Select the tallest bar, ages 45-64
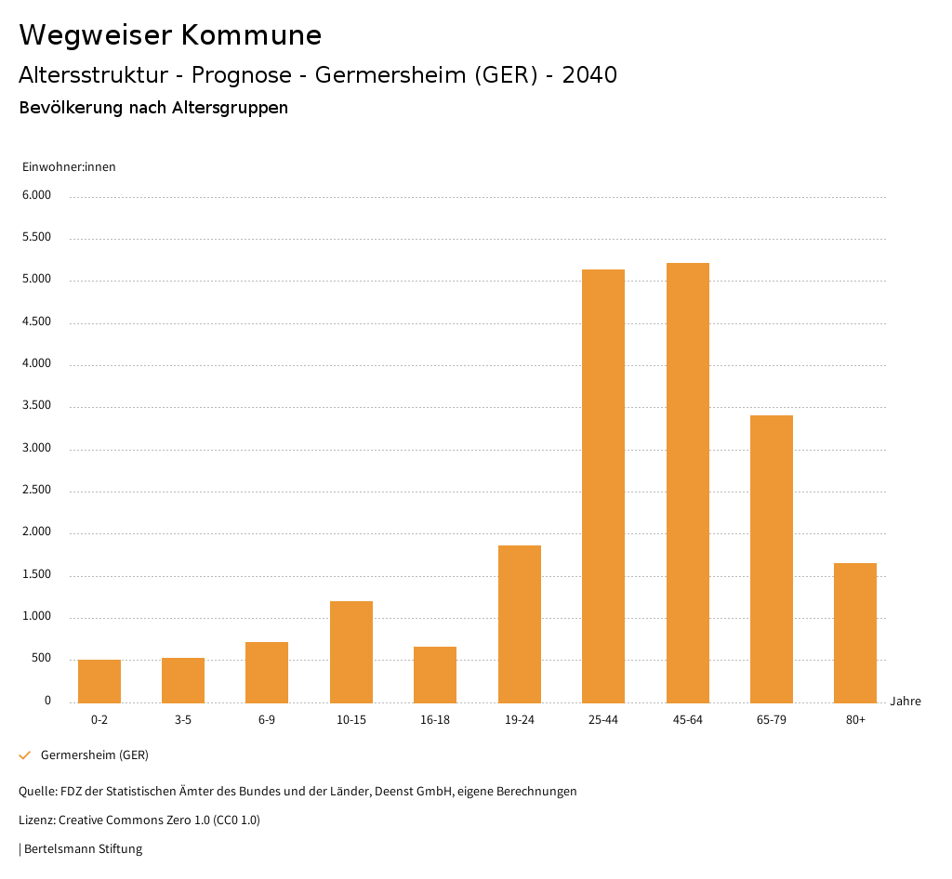pyautogui.click(x=687, y=482)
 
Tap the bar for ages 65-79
pyautogui.click(x=772, y=558)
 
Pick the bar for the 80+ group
pyautogui.click(x=855, y=633)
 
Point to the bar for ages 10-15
pyautogui.click(x=351, y=651)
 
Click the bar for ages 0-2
pyautogui.click(x=99, y=681)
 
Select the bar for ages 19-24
pyautogui.click(x=520, y=623)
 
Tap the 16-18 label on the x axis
pyautogui.click(x=435, y=720)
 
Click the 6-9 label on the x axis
pyautogui.click(x=267, y=720)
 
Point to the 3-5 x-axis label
pyautogui.click(x=183, y=720)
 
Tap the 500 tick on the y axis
pyautogui.click(x=42, y=659)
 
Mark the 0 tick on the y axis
pyautogui.click(x=47, y=701)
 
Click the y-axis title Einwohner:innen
pyautogui.click(x=69, y=167)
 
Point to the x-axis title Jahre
pyautogui.click(x=906, y=702)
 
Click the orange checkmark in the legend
pyautogui.click(x=25, y=755)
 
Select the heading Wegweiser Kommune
pyautogui.click(x=170, y=35)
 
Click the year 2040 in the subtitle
pyautogui.click(x=589, y=75)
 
